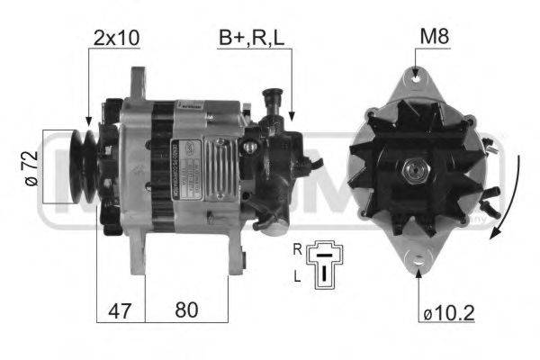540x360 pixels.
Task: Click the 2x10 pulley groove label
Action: coord(117,38)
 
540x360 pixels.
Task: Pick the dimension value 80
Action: coord(185,310)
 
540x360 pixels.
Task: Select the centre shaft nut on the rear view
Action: coord(415,169)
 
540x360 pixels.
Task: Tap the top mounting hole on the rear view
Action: coord(415,80)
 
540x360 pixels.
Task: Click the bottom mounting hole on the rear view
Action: coord(417,261)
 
